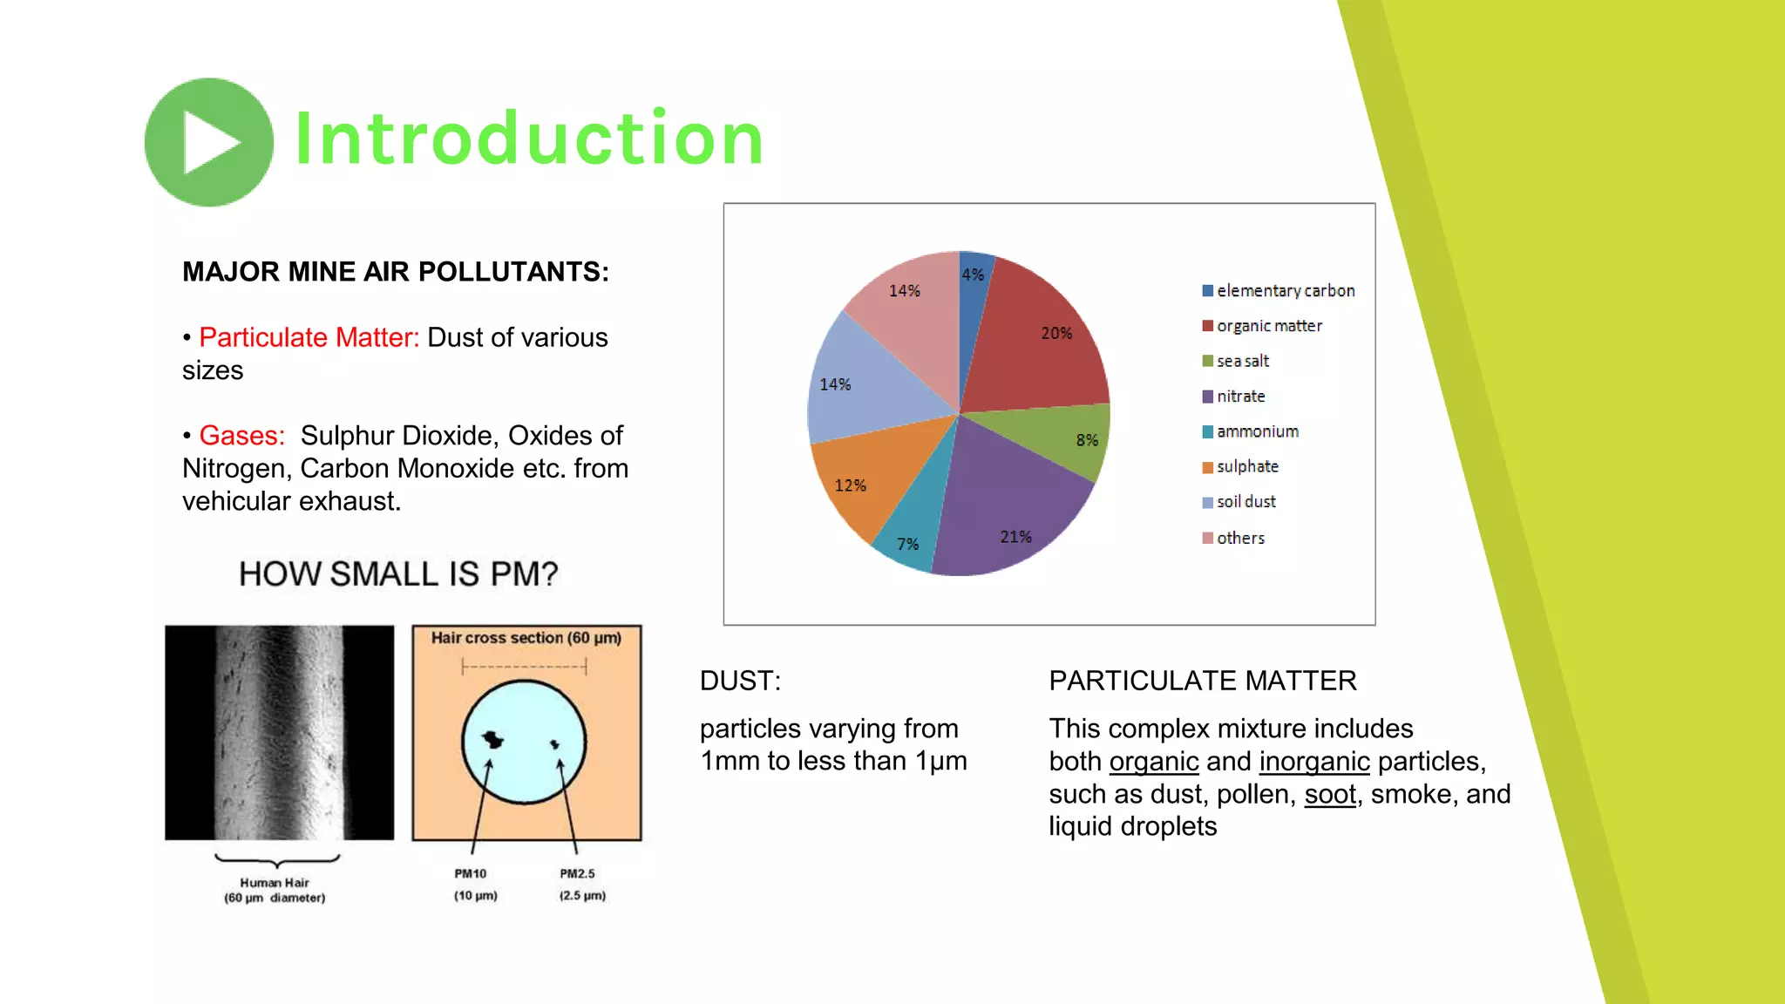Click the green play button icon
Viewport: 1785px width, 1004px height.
pos(209,142)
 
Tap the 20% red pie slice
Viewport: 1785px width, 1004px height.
pos(1037,340)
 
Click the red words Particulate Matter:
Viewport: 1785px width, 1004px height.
pos(309,337)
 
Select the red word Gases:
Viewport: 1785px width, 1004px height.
pos(242,435)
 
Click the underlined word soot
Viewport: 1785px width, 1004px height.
pos(1329,794)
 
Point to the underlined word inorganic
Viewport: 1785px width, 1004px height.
pos(1314,761)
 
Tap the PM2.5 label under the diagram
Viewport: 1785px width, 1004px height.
pos(577,873)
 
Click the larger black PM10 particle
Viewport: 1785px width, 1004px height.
pos(492,740)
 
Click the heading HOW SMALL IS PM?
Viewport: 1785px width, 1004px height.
pos(398,573)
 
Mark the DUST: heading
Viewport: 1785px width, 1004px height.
pos(740,681)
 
